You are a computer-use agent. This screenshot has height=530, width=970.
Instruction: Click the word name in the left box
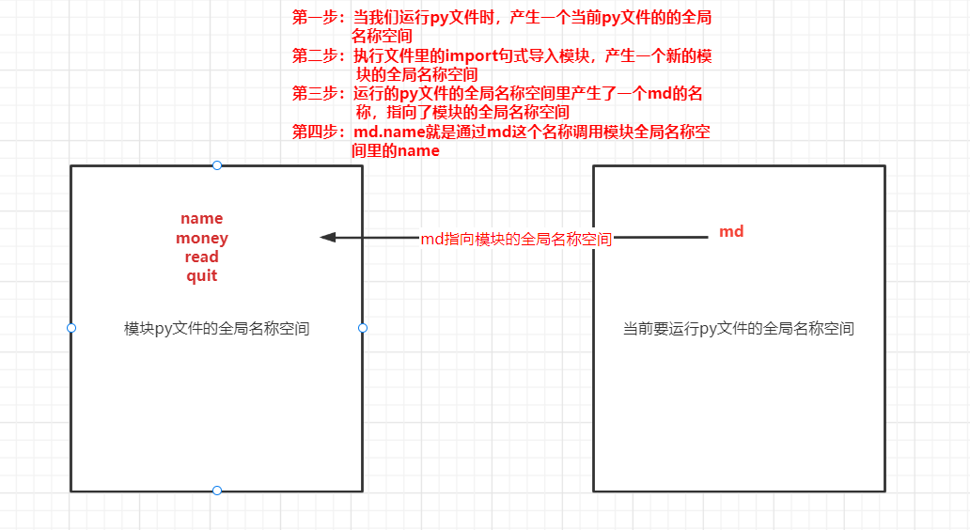click(x=201, y=219)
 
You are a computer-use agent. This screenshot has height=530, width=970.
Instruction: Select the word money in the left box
click(x=201, y=239)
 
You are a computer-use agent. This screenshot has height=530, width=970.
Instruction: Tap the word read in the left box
click(x=201, y=257)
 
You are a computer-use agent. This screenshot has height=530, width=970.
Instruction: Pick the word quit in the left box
click(x=201, y=276)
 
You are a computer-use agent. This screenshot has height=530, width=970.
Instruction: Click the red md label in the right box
click(x=731, y=231)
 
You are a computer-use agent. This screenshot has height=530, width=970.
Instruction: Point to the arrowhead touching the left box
click(x=328, y=238)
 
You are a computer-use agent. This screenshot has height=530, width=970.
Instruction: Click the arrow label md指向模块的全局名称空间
click(x=516, y=240)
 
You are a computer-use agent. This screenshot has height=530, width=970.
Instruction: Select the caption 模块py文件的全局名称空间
click(x=217, y=329)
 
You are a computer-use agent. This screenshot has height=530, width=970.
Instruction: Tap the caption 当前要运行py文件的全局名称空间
click(x=739, y=329)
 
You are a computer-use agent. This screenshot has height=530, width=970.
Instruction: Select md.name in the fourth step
click(x=387, y=132)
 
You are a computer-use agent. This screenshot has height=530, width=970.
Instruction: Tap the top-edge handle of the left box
click(x=217, y=165)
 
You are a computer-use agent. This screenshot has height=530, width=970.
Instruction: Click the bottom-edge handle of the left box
click(x=217, y=491)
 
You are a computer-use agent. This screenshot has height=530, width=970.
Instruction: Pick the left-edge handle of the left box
click(x=71, y=328)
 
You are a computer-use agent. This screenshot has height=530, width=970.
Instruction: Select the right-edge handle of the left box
click(x=363, y=328)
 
